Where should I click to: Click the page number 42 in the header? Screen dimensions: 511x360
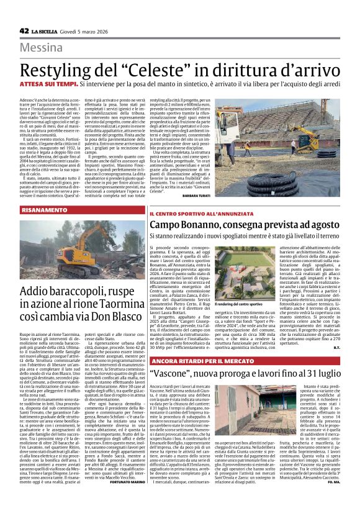point(25,30)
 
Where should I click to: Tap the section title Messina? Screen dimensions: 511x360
point(43,48)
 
